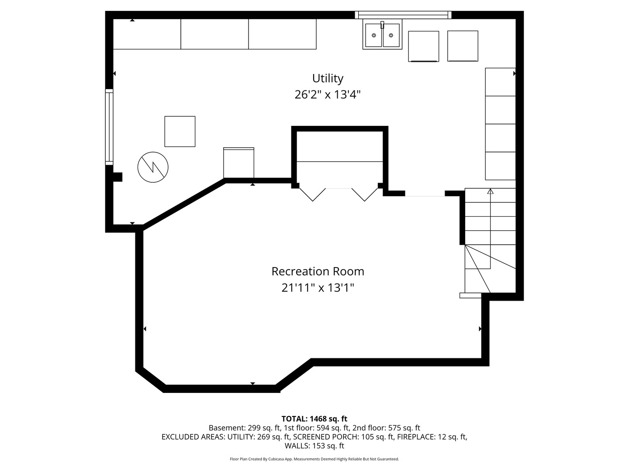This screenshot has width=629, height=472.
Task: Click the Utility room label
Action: point(328,79)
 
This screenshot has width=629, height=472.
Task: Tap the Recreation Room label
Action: point(318,271)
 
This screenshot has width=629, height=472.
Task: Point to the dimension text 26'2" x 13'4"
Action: point(328,94)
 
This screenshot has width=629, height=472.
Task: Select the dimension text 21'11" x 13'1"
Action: point(318,288)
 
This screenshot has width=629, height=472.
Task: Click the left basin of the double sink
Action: point(373,35)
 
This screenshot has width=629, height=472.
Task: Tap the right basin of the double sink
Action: point(391,35)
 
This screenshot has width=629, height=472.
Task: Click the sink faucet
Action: point(382,25)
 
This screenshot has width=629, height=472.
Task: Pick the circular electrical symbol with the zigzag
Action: point(153,167)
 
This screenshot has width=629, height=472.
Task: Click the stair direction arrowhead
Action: point(490,191)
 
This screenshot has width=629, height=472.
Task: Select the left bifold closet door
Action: point(312,194)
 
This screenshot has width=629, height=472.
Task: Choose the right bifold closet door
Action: point(364,194)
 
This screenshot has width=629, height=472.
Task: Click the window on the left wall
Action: point(109,127)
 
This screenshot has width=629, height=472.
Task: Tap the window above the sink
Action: point(403,15)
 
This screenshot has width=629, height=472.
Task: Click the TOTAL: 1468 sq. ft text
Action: point(314,419)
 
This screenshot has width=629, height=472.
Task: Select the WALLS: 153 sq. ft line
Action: point(314,446)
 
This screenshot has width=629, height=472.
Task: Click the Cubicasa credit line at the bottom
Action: point(314,459)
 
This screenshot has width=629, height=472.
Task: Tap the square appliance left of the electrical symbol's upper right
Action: point(180,132)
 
